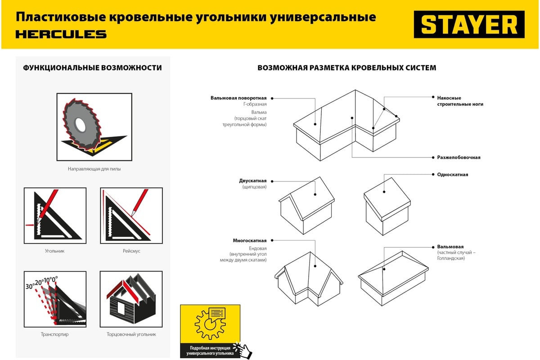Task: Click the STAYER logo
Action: coord(469,25)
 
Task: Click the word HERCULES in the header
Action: coord(61,34)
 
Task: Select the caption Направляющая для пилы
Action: coord(94,169)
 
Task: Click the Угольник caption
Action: coord(54,251)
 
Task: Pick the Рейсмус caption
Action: coord(131,251)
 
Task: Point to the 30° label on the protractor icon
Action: coord(30,286)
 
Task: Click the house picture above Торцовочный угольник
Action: coord(131,299)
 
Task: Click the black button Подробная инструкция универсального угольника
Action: coord(210,351)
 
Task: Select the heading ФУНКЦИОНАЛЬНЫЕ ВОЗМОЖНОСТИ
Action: coord(92,68)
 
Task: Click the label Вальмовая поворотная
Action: coord(238,98)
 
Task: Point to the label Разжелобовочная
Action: coord(459,157)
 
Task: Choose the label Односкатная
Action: coord(452,175)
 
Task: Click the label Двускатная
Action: coord(252,181)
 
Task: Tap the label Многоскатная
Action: coord(250,241)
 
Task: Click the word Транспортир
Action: coord(54,334)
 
